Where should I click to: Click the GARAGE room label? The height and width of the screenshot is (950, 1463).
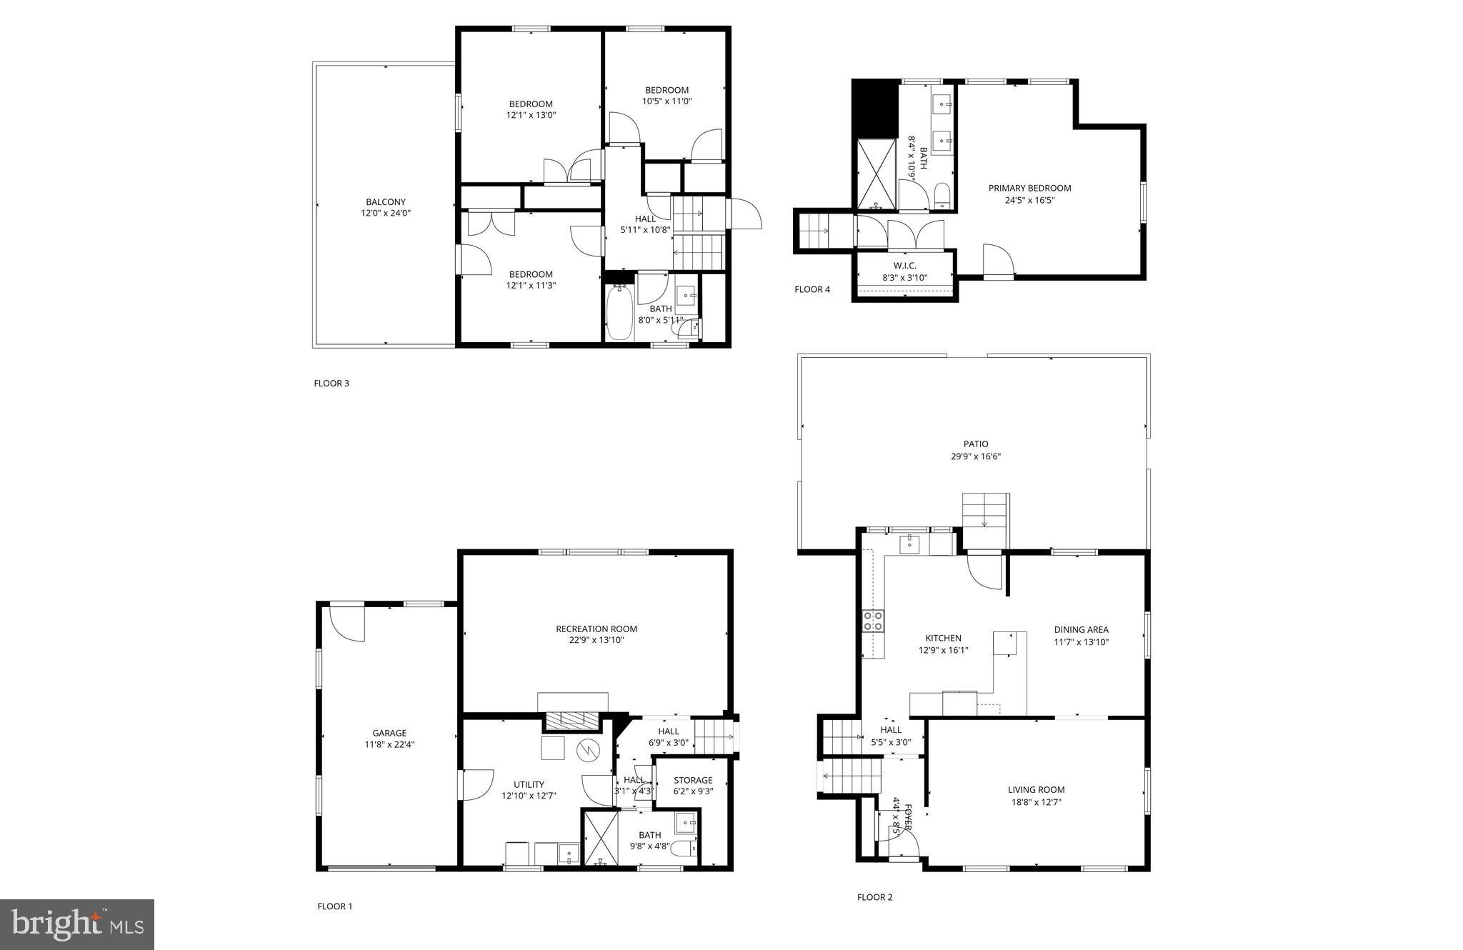(389, 733)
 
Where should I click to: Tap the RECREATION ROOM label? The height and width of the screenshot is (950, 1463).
(596, 629)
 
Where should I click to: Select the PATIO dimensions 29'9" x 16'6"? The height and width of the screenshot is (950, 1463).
(975, 456)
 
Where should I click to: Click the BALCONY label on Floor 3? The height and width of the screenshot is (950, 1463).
(386, 202)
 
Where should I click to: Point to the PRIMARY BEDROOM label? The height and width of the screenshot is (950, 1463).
(1029, 188)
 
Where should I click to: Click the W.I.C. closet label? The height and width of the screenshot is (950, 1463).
(904, 266)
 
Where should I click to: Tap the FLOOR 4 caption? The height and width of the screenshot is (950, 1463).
(812, 289)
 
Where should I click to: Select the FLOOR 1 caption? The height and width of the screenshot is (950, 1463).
(335, 906)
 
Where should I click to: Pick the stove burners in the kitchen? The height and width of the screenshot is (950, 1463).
(873, 621)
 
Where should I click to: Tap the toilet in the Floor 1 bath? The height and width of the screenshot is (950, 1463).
(683, 849)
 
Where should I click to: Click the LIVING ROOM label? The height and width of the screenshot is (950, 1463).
(1036, 789)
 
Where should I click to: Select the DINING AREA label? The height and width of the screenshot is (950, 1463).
(1081, 629)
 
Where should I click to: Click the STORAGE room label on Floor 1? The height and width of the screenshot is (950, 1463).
(693, 780)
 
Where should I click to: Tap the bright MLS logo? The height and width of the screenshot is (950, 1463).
(78, 924)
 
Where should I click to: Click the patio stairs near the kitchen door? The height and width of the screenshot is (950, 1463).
(984, 519)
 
